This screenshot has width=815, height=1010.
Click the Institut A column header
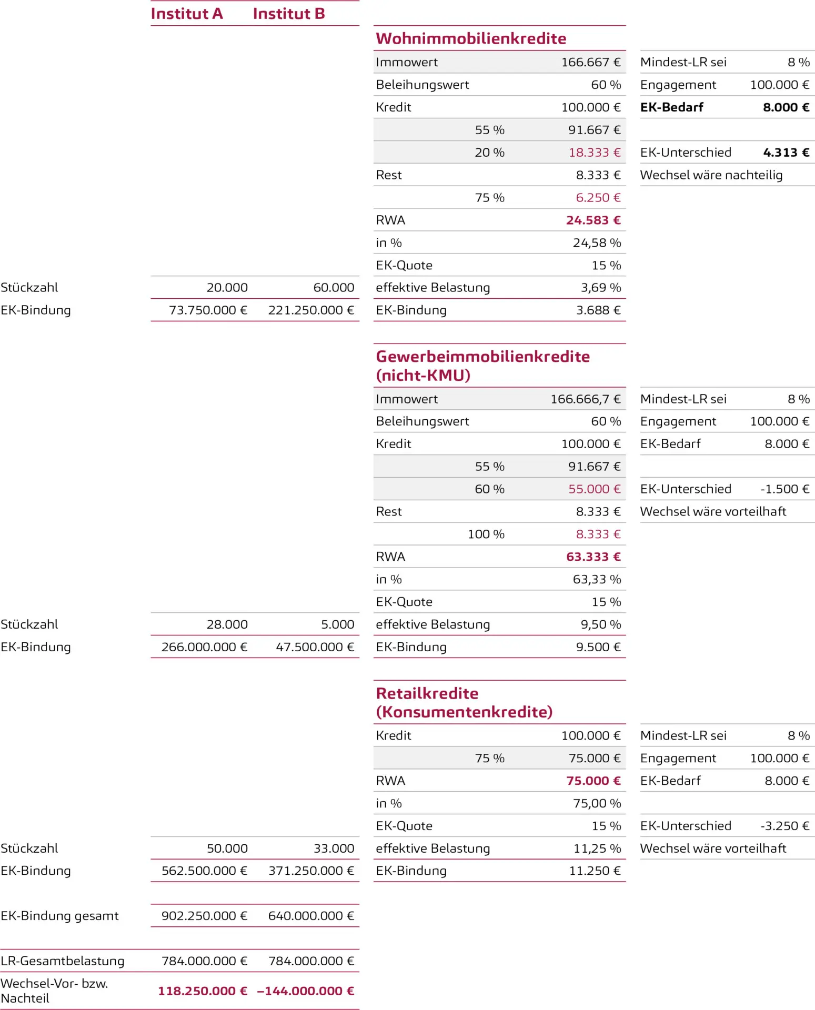pos(187,14)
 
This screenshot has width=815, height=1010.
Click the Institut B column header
pos(289,14)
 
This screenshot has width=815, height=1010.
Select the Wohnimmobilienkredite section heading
pos(471,38)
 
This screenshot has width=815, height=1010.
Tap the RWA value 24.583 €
pos(593,220)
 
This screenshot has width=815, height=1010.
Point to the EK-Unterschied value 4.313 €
pos(786,153)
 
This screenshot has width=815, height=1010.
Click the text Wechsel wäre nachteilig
pos(711,175)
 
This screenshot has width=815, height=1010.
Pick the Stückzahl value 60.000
pos(334,288)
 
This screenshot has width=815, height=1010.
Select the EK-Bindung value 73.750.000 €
pos(208,310)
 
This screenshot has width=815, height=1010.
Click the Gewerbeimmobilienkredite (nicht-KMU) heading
pos(482,366)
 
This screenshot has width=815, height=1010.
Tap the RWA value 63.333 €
pos(593,557)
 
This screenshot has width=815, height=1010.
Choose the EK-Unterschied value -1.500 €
pos(784,489)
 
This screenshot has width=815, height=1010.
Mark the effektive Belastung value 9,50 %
pos(600,624)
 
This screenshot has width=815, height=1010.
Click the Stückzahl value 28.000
pos(227,624)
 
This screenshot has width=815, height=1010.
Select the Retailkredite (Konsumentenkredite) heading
pos(464,702)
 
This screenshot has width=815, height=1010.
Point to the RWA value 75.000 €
pos(593,781)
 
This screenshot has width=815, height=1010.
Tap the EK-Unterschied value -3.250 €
pos(784,826)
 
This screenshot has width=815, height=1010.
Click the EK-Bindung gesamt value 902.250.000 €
pos(204,916)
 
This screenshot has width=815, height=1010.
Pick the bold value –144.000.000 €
pos(305,991)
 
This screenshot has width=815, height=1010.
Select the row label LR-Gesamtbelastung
pos(63,961)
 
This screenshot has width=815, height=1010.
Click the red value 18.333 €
pos(594,153)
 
